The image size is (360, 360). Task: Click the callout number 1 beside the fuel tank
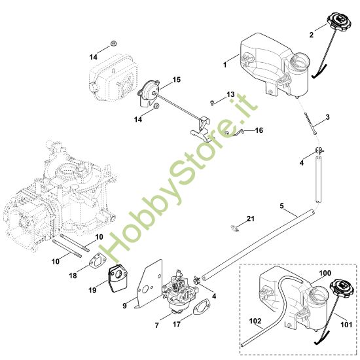[225, 65]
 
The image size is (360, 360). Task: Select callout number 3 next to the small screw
[327, 117]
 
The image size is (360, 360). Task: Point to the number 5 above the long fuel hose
[282, 206]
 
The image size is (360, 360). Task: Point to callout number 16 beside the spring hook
[259, 131]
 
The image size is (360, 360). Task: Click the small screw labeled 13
[214, 102]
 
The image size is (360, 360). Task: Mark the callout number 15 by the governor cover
[176, 80]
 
